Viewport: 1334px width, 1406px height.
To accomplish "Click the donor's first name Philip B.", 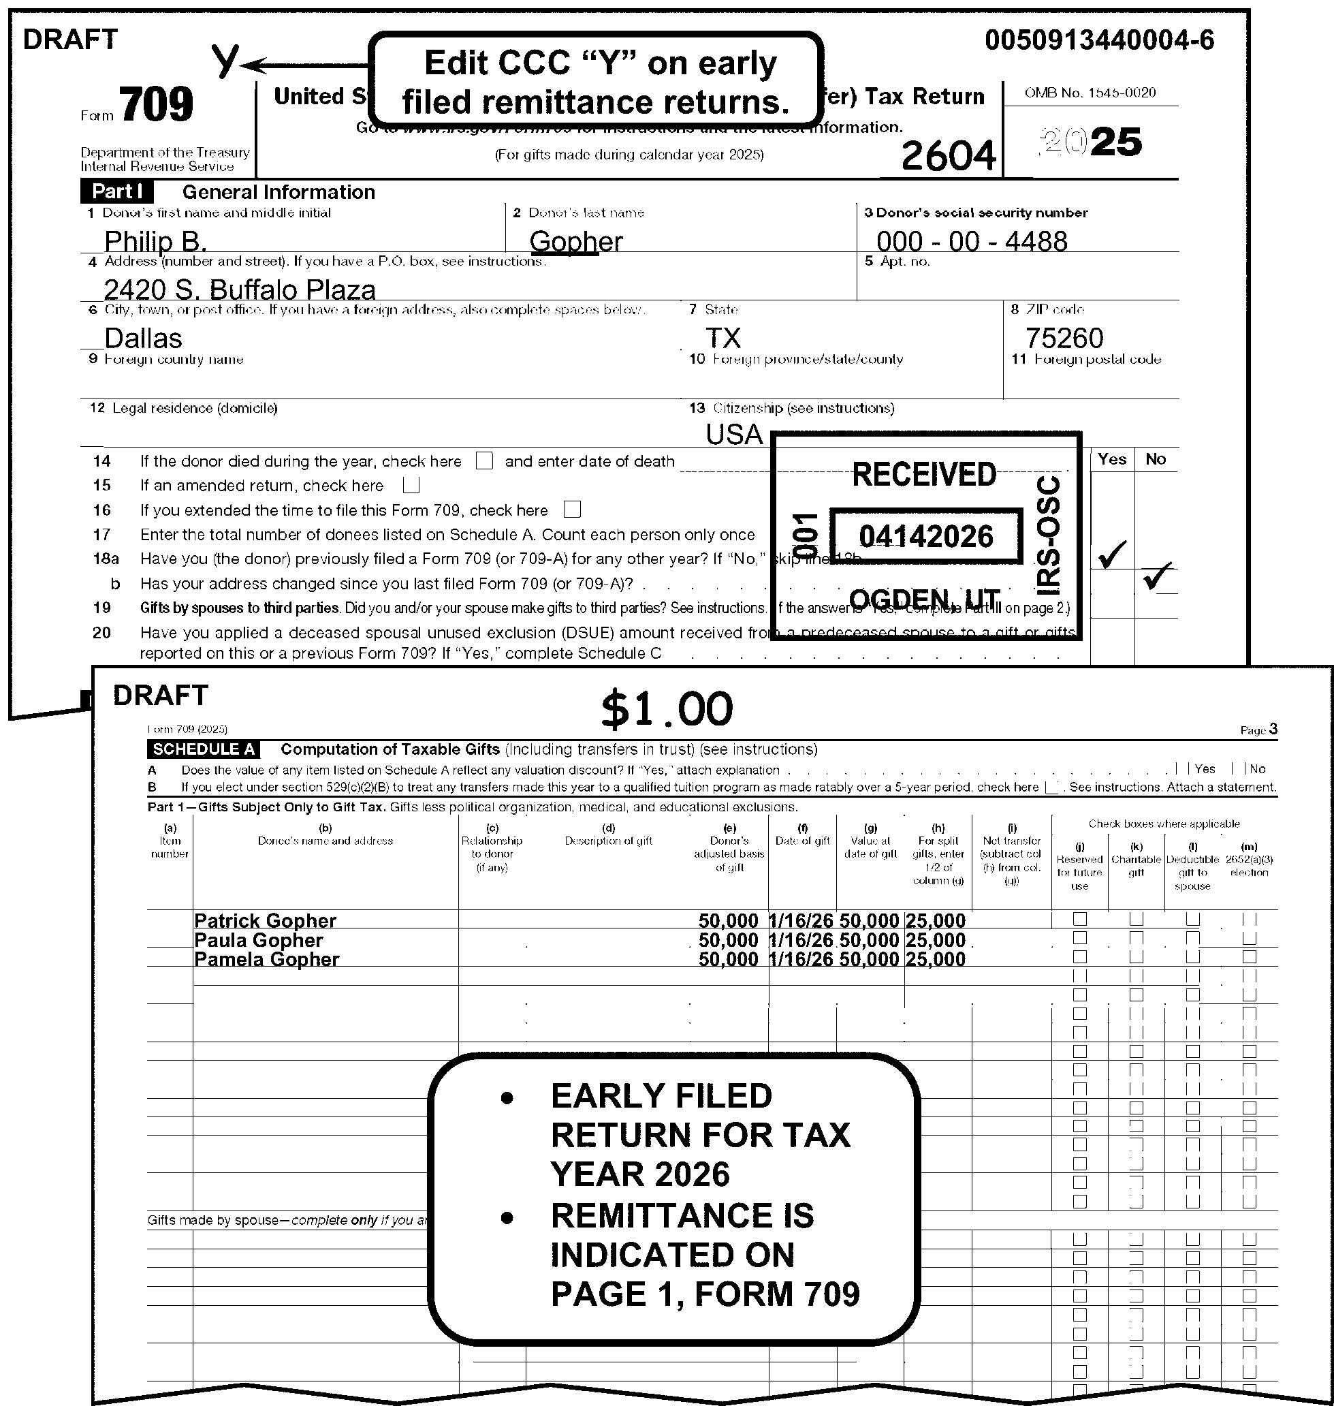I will pyautogui.click(x=155, y=242).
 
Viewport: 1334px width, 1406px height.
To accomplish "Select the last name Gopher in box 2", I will pyautogui.click(x=576, y=242).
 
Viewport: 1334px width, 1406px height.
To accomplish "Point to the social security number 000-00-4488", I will pyautogui.click(x=971, y=242).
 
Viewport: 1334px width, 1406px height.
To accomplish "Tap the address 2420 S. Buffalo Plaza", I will pyautogui.click(x=240, y=290).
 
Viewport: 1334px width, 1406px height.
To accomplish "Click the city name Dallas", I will pyautogui.click(x=143, y=338).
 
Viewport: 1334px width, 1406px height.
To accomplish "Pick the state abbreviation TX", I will pyautogui.click(x=723, y=338).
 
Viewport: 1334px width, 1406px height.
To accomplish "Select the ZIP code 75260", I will pyautogui.click(x=1064, y=338).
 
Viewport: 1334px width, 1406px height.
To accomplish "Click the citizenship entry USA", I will pyautogui.click(x=734, y=435).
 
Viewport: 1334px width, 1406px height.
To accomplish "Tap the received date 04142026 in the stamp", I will pyautogui.click(x=925, y=536).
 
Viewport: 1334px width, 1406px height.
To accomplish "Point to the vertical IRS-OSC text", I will pyautogui.click(x=1048, y=535).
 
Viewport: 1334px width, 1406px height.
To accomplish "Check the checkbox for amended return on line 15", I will pyautogui.click(x=411, y=486).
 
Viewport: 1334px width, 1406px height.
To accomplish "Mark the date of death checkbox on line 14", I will pyautogui.click(x=484, y=461).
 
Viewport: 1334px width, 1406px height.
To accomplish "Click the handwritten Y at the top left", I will pyautogui.click(x=226, y=61).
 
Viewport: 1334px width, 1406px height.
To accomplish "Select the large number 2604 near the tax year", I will pyautogui.click(x=948, y=156).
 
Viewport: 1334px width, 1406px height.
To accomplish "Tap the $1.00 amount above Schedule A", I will pyautogui.click(x=666, y=709).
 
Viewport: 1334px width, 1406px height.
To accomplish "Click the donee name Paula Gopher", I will pyautogui.click(x=258, y=940).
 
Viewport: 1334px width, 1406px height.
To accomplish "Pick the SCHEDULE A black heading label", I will pyautogui.click(x=204, y=749).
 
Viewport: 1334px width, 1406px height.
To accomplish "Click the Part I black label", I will pyautogui.click(x=116, y=192).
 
